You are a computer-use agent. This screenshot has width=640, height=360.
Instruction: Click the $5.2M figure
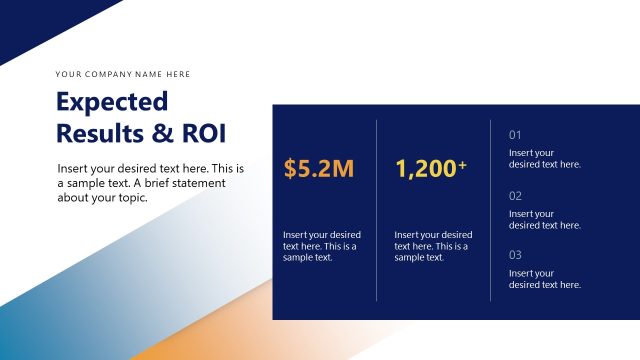[x=319, y=169]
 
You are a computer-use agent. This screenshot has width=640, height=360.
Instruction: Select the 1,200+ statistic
[x=431, y=169]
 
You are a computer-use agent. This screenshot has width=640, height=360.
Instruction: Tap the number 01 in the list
[x=516, y=135]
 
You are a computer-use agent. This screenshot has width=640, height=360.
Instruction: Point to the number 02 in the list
[x=516, y=196]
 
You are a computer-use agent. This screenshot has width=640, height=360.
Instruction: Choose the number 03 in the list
[x=516, y=255]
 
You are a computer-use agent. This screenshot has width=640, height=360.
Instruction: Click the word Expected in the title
[x=112, y=102]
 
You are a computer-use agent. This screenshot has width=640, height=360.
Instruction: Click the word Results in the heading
[x=99, y=132]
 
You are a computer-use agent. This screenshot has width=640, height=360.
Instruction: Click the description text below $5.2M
[x=322, y=246]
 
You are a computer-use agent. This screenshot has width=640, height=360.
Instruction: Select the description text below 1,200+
[x=433, y=246]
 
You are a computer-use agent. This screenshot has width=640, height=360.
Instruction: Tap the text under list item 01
[x=545, y=159]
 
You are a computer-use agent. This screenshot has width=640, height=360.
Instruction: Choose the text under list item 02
[x=545, y=219]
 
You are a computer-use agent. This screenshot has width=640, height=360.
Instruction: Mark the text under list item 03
[x=545, y=279]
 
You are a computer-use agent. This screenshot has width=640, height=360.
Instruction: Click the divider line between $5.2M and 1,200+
[x=377, y=210]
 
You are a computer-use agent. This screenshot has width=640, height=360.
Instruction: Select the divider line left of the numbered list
[x=491, y=210]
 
